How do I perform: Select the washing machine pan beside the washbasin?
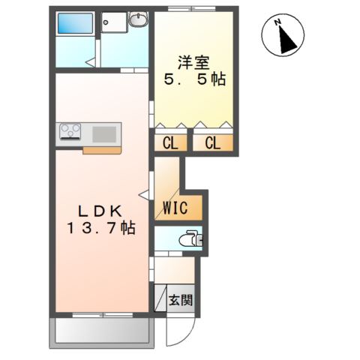tap(114, 25)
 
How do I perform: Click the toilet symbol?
tap(193, 241)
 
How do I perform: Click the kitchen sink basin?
tap(105, 133)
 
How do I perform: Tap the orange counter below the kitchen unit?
tap(102, 149)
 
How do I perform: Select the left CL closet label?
tap(170, 143)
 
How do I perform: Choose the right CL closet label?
tap(213, 143)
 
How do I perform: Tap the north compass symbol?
tap(283, 36)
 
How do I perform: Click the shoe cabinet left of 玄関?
tap(160, 298)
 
